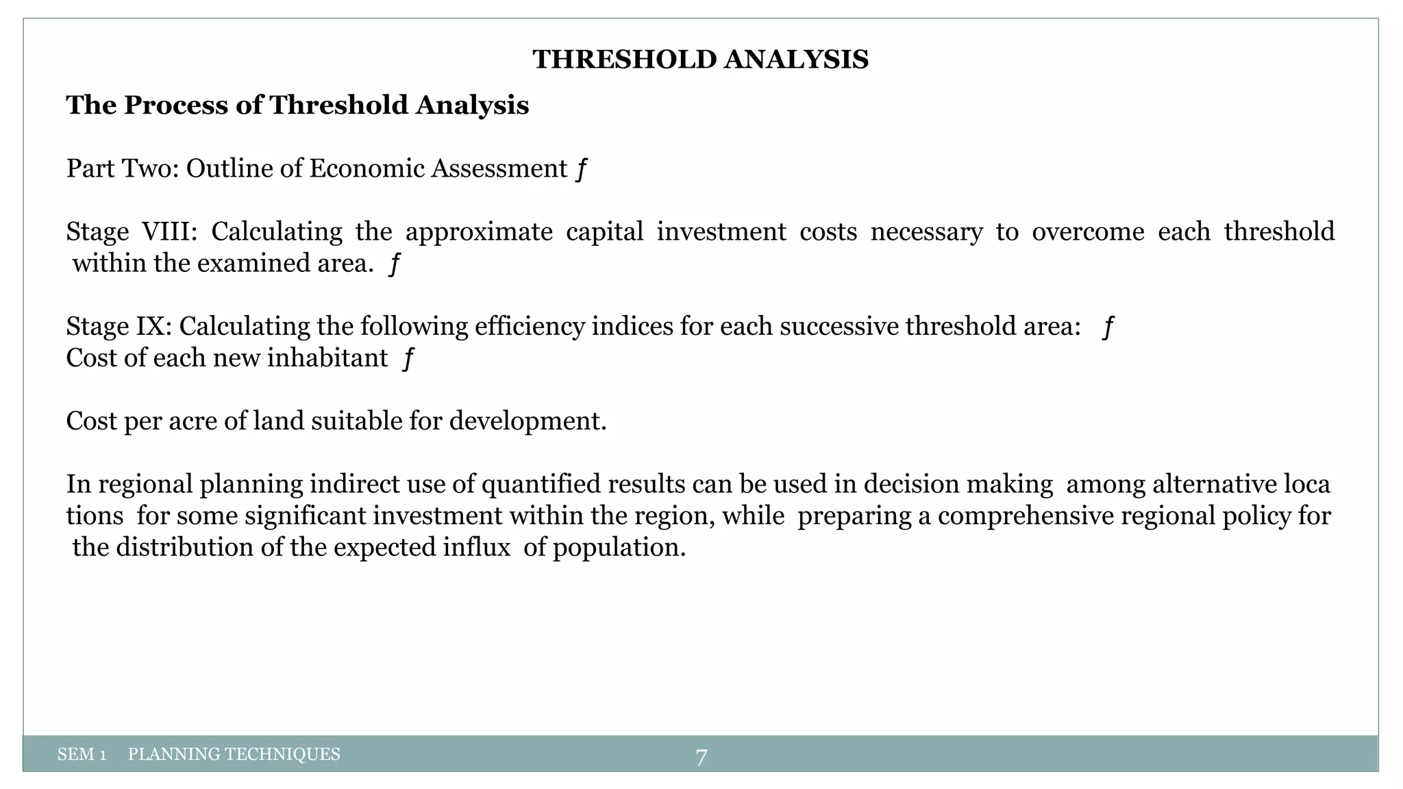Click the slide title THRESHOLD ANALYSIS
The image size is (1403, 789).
click(700, 60)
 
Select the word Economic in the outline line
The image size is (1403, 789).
click(367, 168)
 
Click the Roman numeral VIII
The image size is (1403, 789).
click(169, 231)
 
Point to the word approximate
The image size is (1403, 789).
click(479, 231)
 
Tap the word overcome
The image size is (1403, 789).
click(1087, 231)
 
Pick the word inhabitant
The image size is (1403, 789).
click(327, 358)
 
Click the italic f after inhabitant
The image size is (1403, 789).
click(408, 358)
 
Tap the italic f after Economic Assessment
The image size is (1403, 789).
click(581, 168)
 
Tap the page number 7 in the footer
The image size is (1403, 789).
click(701, 757)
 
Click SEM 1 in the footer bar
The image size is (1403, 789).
click(82, 755)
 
